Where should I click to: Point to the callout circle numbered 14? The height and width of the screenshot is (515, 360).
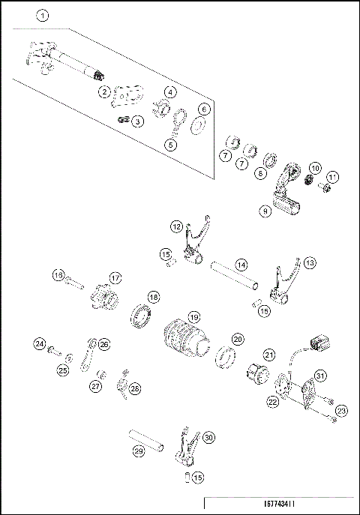[x=241, y=265]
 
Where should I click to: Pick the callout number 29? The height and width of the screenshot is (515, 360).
[x=138, y=451]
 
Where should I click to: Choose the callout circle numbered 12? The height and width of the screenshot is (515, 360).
[x=176, y=225]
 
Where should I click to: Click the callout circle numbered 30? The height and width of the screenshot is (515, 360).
[x=208, y=437]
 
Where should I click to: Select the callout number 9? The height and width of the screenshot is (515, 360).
[x=265, y=212]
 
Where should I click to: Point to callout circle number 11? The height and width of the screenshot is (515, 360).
[x=332, y=178]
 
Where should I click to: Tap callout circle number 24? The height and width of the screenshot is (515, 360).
[x=40, y=344]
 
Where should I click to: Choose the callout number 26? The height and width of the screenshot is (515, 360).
[x=103, y=344]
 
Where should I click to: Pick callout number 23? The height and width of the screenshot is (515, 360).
[x=342, y=410]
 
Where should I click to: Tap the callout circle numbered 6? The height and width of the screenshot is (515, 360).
[x=204, y=109]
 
